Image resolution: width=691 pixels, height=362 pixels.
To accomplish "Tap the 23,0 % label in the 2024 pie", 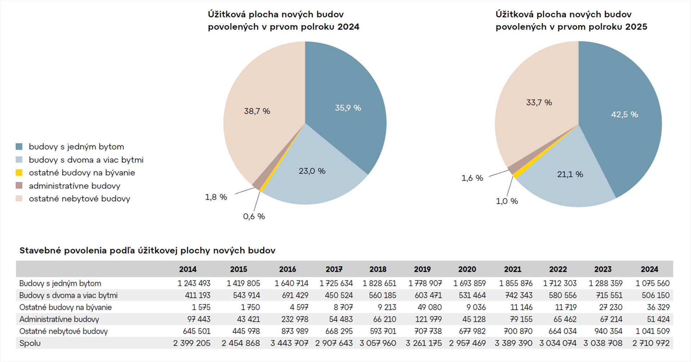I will pyautogui.click(x=312, y=171).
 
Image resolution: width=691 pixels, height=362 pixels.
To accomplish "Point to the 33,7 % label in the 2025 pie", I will pyautogui.click(x=539, y=103).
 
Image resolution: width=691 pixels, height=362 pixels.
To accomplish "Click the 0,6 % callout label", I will pyautogui.click(x=254, y=217).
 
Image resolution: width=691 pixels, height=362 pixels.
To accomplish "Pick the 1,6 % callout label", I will pyautogui.click(x=472, y=178).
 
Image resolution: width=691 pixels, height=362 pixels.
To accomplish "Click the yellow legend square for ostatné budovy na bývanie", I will pyautogui.click(x=19, y=173).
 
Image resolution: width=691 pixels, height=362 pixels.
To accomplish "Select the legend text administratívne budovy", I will pyautogui.click(x=74, y=186).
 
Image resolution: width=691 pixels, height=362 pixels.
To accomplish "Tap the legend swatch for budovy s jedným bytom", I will pyautogui.click(x=19, y=146).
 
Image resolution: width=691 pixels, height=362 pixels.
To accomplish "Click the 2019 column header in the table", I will pyautogui.click(x=422, y=269).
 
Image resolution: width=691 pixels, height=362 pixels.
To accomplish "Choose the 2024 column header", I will pyautogui.click(x=649, y=269).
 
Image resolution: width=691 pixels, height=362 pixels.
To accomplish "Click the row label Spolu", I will pyautogui.click(x=30, y=343).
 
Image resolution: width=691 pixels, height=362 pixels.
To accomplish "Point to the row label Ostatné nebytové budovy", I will pyautogui.click(x=63, y=331).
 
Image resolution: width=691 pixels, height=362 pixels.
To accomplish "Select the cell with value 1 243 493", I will pyautogui.click(x=194, y=284).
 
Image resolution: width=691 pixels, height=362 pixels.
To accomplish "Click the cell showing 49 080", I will pyautogui.click(x=429, y=307).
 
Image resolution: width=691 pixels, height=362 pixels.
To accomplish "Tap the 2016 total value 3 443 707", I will pyautogui.click(x=289, y=343).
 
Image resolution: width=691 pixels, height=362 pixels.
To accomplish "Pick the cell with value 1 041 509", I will pyautogui.click(x=652, y=331).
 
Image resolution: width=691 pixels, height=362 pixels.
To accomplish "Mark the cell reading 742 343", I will pyautogui.click(x=519, y=295).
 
